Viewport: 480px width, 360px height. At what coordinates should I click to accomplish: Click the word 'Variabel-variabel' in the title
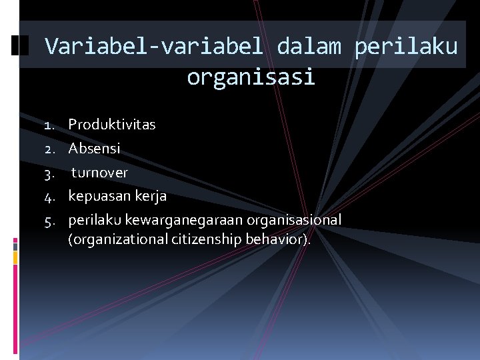pyautogui.click(x=155, y=47)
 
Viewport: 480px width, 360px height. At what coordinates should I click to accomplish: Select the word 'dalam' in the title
pyautogui.click(x=309, y=47)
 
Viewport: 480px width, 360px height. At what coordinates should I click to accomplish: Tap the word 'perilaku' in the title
pyautogui.click(x=407, y=47)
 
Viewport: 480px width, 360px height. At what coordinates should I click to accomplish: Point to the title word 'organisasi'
pyautogui.click(x=251, y=78)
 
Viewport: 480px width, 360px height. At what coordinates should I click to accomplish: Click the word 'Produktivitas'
pyautogui.click(x=112, y=125)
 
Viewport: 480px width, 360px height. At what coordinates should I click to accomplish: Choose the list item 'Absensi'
pyautogui.click(x=94, y=149)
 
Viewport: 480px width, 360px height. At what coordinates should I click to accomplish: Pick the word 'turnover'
pyautogui.click(x=99, y=173)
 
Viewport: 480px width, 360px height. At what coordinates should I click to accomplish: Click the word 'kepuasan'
pyautogui.click(x=97, y=197)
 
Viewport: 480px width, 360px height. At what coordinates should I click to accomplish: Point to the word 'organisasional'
pyautogui.click(x=294, y=220)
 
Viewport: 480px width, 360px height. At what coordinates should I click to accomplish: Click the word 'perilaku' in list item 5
pyautogui.click(x=90, y=220)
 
